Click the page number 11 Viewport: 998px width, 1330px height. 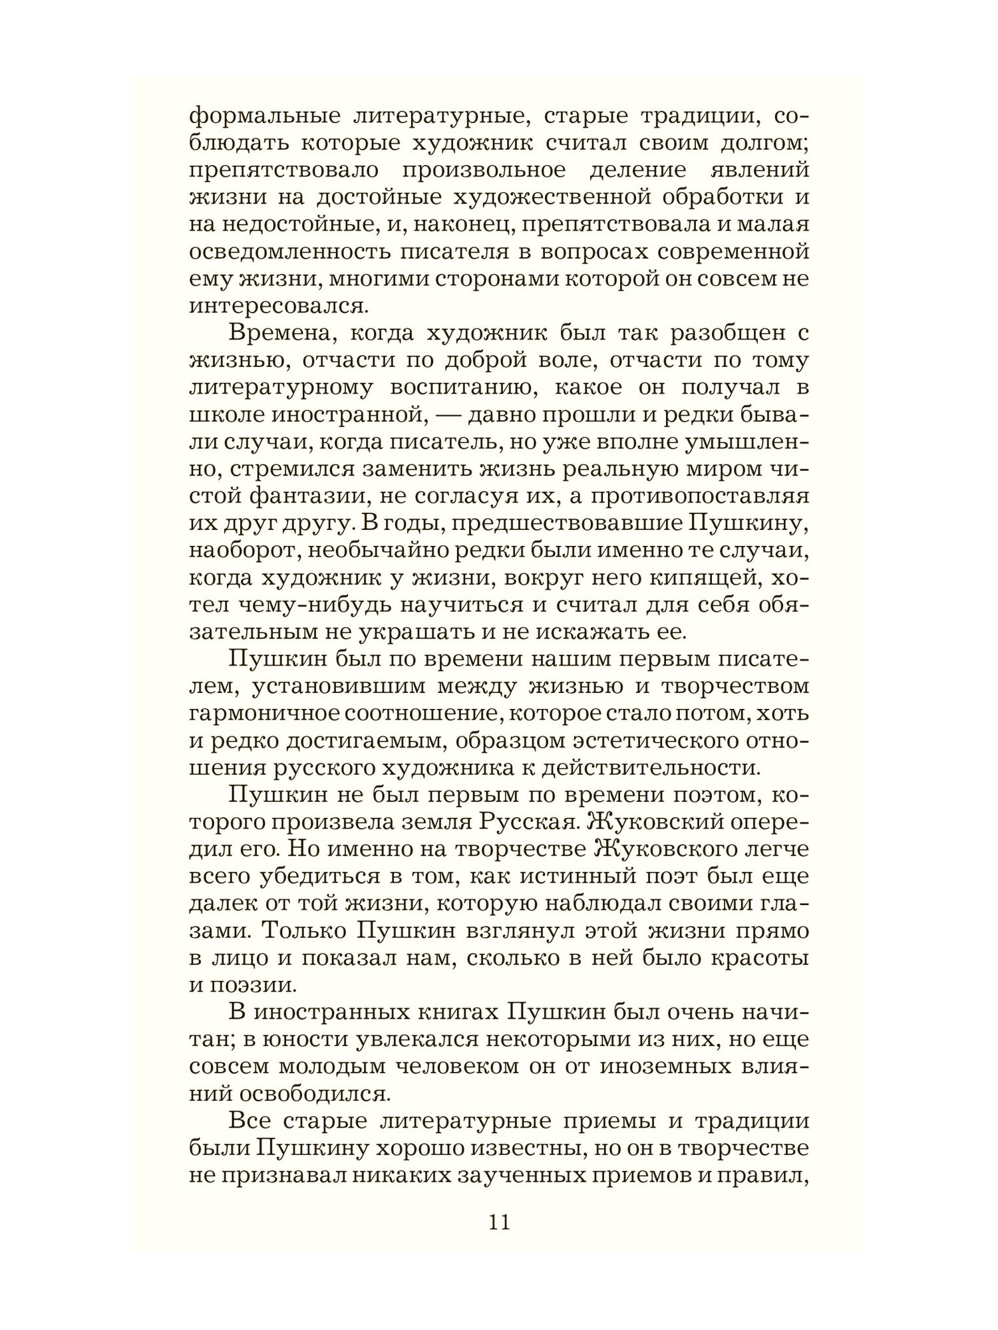499,1223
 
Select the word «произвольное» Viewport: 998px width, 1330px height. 484,170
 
